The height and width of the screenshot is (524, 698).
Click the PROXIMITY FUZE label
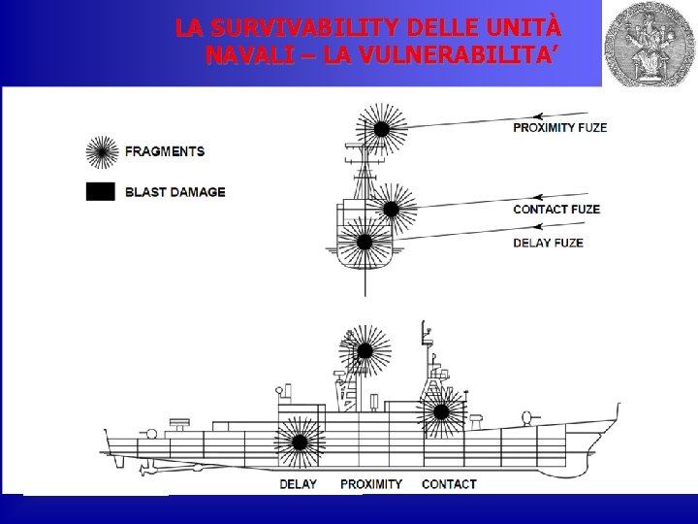pos(559,128)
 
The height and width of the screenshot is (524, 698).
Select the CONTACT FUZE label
pos(555,209)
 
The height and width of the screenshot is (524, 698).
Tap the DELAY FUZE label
pos(548,242)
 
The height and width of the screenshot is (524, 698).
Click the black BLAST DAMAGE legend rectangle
pos(100,191)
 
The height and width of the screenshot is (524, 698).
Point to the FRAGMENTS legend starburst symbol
pos(102,151)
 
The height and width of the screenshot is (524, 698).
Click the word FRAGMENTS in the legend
pos(165,151)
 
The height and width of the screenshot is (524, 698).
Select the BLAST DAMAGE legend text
pos(174,192)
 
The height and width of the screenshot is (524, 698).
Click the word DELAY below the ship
pos(298,483)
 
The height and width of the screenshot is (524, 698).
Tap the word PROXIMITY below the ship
pos(370,483)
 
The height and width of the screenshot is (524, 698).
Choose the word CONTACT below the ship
pos(449,483)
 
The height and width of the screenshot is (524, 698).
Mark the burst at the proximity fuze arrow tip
pos(381,127)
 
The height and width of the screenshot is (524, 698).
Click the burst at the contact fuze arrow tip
pos(391,208)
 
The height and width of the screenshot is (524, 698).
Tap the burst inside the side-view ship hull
pos(300,442)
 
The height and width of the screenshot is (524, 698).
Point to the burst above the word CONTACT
pos(442,412)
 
